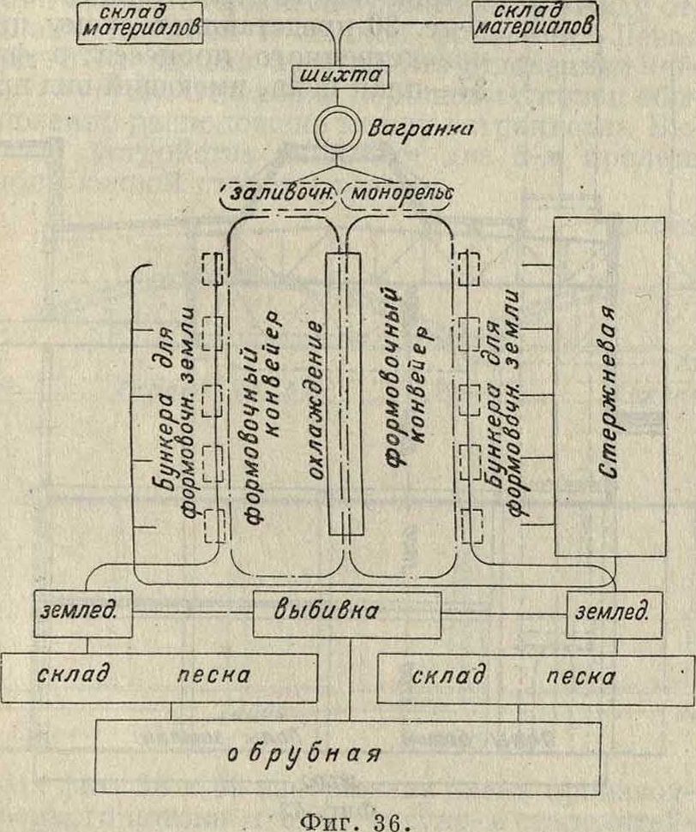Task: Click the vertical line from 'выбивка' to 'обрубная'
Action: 351,677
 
